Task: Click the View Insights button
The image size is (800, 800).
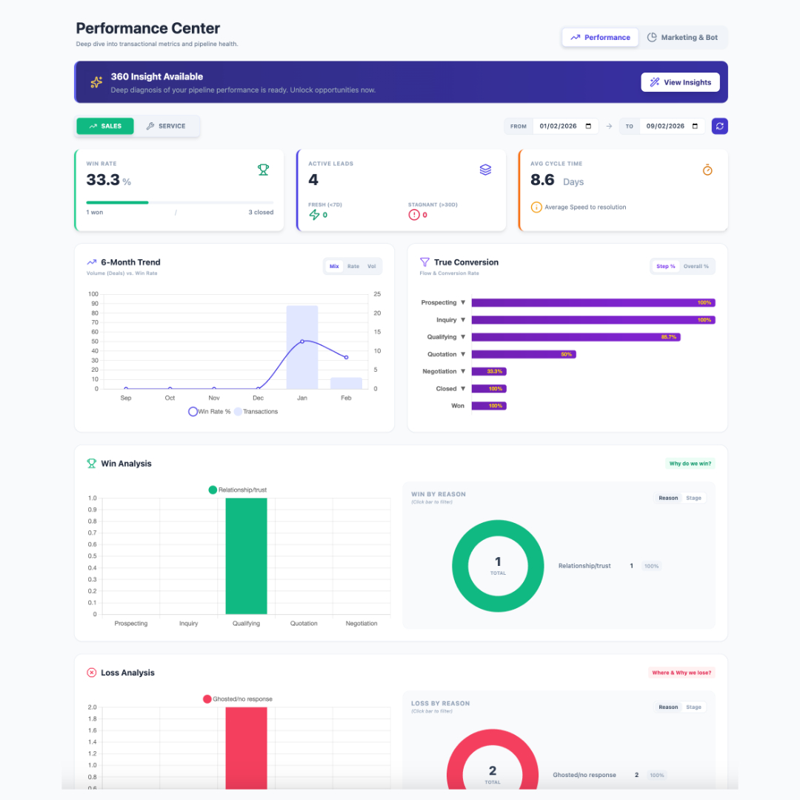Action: tap(680, 82)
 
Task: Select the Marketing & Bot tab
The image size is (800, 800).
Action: tap(682, 37)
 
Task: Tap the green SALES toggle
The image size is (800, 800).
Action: tap(105, 126)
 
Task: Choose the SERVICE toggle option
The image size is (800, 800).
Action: tap(166, 126)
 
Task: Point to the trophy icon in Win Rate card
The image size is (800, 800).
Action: tap(263, 170)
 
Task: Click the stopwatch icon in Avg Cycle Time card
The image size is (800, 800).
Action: tap(707, 170)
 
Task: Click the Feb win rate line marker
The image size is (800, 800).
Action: tap(346, 357)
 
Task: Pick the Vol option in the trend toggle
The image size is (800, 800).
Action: tap(372, 267)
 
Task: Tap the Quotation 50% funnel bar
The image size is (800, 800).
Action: tap(523, 354)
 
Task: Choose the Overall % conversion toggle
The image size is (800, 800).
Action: tap(696, 267)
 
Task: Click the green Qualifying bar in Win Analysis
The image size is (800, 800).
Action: tap(246, 556)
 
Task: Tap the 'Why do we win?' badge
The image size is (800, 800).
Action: tap(690, 464)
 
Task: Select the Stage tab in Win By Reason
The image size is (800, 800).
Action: tap(694, 498)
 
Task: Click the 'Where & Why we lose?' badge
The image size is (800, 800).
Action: tap(681, 673)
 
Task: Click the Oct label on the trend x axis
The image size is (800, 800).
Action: tap(170, 398)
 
